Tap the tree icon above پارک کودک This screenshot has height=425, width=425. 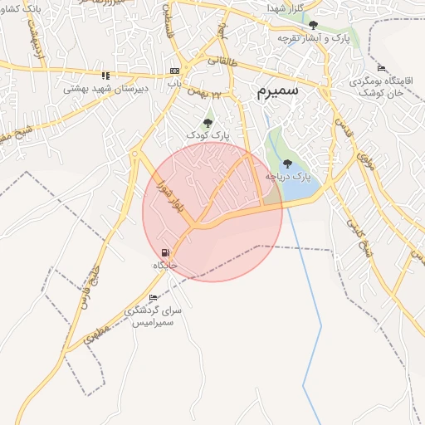click(x=208, y=123)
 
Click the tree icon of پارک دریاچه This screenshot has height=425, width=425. click(x=287, y=164)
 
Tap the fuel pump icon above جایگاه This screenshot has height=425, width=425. click(x=165, y=252)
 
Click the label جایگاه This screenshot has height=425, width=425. click(x=165, y=265)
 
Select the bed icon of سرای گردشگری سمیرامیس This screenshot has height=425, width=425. click(x=153, y=298)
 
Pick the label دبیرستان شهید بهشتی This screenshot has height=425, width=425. click(x=105, y=87)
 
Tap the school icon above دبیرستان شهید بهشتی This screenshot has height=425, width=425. click(x=105, y=75)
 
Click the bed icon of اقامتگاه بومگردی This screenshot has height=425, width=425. click(x=381, y=67)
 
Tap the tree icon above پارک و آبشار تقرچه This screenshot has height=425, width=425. click(x=313, y=25)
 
